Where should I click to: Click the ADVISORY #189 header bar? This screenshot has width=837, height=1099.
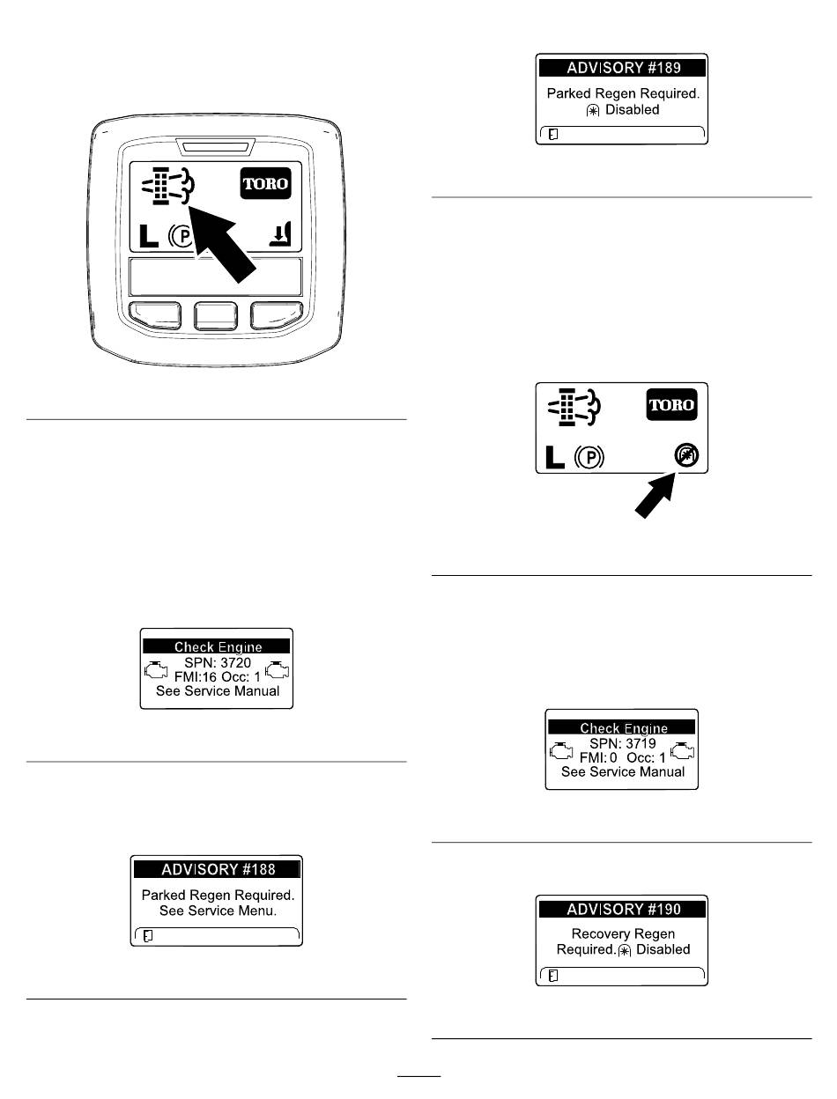click(x=622, y=68)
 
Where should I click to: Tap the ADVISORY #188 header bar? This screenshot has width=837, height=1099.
click(x=217, y=868)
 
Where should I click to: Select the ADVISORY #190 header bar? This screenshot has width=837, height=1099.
click(x=622, y=909)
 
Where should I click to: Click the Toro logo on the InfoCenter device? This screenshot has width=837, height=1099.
click(x=265, y=183)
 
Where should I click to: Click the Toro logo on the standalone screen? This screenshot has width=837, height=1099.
click(x=671, y=404)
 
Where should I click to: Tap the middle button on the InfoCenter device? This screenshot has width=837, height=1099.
click(x=216, y=316)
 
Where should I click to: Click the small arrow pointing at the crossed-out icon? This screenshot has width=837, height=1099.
click(x=655, y=496)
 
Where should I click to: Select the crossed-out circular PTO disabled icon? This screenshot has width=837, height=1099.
click(x=686, y=455)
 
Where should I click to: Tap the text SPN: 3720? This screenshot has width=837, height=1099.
click(x=218, y=662)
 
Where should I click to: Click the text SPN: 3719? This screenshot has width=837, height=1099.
click(x=623, y=743)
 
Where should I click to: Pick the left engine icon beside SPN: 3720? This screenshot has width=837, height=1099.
click(x=156, y=669)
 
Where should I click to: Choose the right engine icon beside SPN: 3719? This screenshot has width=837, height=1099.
click(x=682, y=750)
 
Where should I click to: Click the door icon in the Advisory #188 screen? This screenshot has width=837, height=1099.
click(x=148, y=936)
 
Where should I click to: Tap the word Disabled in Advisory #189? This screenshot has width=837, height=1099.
click(x=632, y=109)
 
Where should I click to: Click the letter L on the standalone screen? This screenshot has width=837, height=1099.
click(x=554, y=458)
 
